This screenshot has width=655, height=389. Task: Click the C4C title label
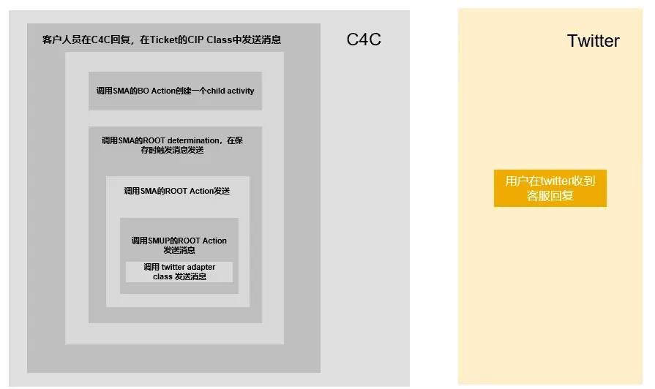pos(364,39)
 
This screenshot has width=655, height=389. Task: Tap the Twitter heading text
pos(593,41)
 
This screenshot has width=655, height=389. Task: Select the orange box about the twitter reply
pos(550,189)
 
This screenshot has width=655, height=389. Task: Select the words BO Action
pos(157,91)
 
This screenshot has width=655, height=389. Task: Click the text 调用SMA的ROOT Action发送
pos(176,191)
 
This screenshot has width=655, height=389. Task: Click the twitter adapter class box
pos(179,272)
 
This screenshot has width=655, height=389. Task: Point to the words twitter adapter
pos(189,268)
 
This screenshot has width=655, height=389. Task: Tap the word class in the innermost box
pos(162,277)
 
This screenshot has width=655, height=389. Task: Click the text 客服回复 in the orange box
pos(550,196)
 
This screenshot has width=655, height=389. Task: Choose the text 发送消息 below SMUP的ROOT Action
pos(179,250)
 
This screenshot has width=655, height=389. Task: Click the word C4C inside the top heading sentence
pos(102,40)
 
